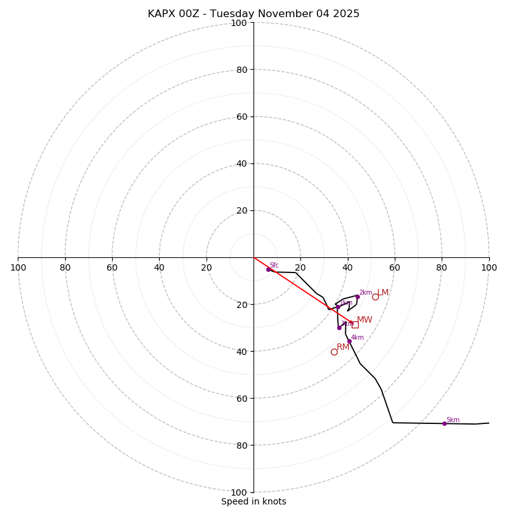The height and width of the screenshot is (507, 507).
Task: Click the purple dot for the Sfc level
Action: [x=268, y=269]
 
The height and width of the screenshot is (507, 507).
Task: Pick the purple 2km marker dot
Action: [x=357, y=297]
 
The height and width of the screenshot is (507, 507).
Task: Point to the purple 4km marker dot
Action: [x=349, y=341]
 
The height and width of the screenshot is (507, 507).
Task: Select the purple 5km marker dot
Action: [x=444, y=423]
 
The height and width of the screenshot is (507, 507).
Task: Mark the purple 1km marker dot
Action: [x=338, y=307]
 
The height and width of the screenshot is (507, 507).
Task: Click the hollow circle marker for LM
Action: [x=375, y=297]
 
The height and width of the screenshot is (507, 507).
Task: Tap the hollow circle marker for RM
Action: [x=334, y=352]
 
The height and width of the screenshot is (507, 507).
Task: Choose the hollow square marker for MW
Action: [x=355, y=324]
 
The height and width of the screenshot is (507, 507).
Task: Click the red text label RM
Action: [x=343, y=347]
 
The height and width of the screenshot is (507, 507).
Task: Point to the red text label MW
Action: [x=364, y=320]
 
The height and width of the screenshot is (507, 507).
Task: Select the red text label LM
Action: [x=383, y=293]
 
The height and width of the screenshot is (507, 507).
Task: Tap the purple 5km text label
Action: [x=452, y=420]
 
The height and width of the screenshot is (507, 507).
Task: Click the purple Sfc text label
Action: [x=274, y=265]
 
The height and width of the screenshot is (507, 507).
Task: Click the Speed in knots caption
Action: [x=253, y=501]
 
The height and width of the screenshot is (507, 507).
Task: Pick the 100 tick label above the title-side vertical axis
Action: [x=239, y=23]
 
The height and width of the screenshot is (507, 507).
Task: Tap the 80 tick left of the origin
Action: [x=65, y=267]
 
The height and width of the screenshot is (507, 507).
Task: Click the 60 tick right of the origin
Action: [x=395, y=267]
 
